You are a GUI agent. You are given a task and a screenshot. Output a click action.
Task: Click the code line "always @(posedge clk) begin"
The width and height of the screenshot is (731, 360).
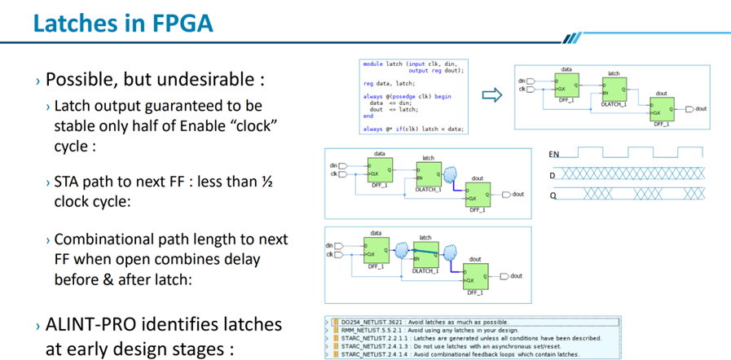click(x=407, y=96)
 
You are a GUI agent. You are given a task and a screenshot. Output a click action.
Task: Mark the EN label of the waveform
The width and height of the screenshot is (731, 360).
click(x=555, y=153)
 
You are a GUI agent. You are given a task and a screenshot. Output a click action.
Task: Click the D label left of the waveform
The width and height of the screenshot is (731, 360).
click(x=553, y=174)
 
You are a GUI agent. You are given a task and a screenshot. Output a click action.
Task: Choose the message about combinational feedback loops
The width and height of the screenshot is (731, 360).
click(x=460, y=355)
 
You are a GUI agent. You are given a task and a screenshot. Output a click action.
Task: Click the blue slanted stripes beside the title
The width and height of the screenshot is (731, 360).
click(x=572, y=37)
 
